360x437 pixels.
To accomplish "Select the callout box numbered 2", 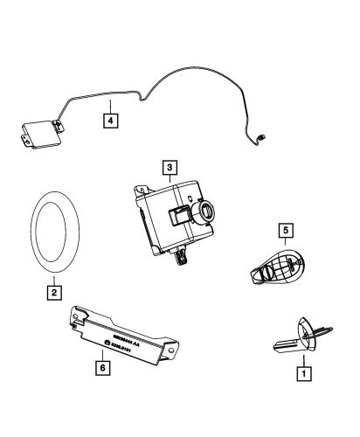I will click(54, 294).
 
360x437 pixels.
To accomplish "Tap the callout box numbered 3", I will click(170, 165).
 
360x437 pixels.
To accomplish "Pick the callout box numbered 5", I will click(284, 231).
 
